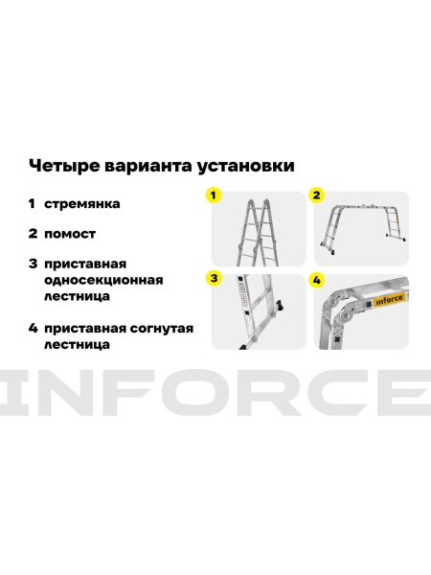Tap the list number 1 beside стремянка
pos(33,203)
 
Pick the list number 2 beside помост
pos(33,232)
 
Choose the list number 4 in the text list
pos(33,328)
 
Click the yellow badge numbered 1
pos(215,195)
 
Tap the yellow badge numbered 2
pos(316,195)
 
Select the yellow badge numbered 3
pos(215,279)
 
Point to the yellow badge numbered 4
pos(316,279)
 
